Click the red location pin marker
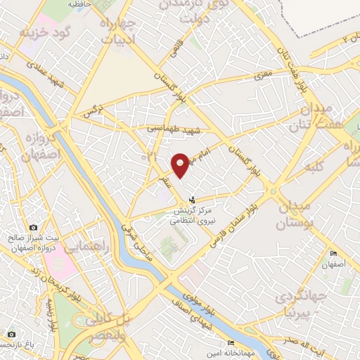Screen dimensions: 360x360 click(x=181, y=165)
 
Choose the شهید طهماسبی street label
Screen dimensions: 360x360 click(x=174, y=130)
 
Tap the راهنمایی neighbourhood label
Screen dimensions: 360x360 click(x=85, y=247)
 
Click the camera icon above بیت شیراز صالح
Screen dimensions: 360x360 click(x=33, y=227)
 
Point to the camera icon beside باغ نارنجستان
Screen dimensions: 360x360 click(x=11, y=334)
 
